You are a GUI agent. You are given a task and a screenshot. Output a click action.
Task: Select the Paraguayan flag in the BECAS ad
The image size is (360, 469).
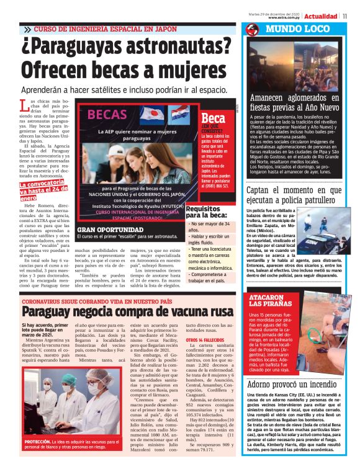click(x=175, y=114)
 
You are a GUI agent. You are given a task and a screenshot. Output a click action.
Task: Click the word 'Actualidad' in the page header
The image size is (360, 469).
click(x=321, y=16)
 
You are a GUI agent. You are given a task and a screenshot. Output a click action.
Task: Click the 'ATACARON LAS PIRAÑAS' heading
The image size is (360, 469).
click(x=266, y=302)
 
